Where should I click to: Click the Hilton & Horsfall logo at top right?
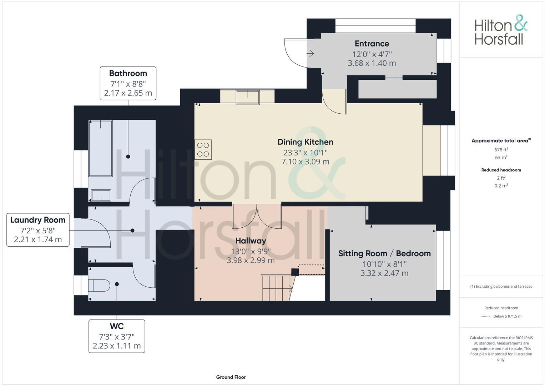[500, 30]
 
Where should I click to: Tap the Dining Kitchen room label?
[305, 142]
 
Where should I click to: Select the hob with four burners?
[203, 149]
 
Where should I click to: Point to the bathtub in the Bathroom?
[100, 148]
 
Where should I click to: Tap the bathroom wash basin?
[101, 196]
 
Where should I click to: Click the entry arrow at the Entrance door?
[310, 54]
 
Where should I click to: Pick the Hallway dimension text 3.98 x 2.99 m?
[251, 261]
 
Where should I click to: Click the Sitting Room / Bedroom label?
[384, 253]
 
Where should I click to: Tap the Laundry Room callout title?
[38, 220]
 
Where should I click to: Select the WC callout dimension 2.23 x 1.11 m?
[117, 346]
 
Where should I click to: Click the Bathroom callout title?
[128, 73]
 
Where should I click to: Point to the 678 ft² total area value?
[501, 150]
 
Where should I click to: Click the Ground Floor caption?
[231, 377]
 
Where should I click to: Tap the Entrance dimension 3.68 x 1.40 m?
[372, 63]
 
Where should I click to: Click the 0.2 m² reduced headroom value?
[501, 185]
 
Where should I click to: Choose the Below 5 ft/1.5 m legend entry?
[507, 316]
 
